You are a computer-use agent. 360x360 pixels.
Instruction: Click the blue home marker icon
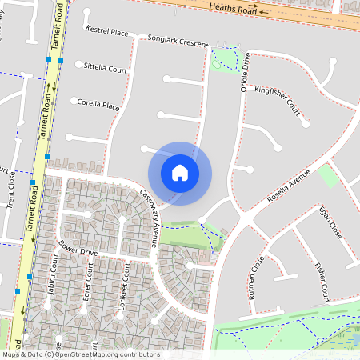[x=180, y=173]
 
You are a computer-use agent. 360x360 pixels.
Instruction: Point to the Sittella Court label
[x=106, y=70]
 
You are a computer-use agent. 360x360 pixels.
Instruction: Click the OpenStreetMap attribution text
[x=81, y=354]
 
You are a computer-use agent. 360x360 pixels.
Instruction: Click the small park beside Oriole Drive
[x=226, y=57]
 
